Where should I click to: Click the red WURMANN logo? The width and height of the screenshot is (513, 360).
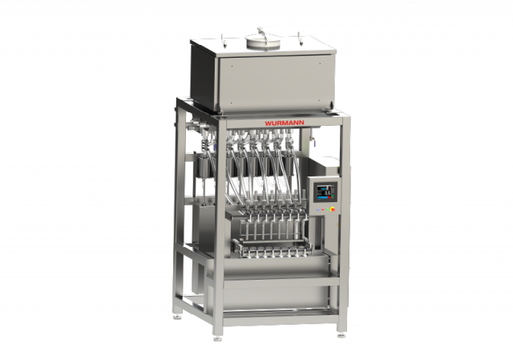tap(284, 123)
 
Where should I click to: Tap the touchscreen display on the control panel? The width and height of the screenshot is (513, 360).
tap(325, 192)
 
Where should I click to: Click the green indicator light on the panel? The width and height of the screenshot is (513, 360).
tap(328, 209)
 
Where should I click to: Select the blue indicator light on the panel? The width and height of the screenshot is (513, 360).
tap(319, 209)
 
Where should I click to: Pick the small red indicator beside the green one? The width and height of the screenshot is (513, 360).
tap(323, 209)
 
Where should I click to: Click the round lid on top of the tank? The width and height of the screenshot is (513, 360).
tap(263, 42)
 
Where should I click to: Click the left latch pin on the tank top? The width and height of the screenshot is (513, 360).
tap(224, 39)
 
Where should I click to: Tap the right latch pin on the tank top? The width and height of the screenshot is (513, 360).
tap(299, 38)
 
